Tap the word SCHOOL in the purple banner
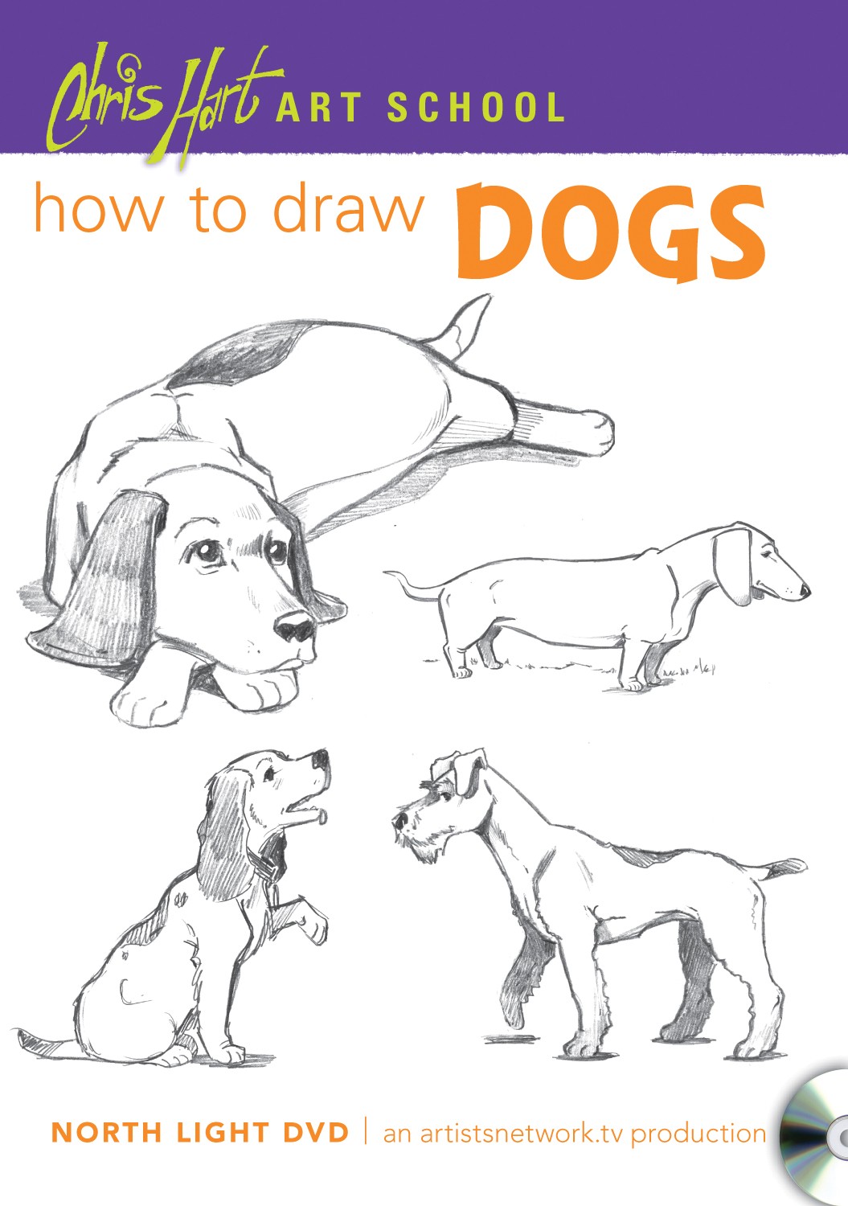tap(477, 109)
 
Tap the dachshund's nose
tap(805, 591)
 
